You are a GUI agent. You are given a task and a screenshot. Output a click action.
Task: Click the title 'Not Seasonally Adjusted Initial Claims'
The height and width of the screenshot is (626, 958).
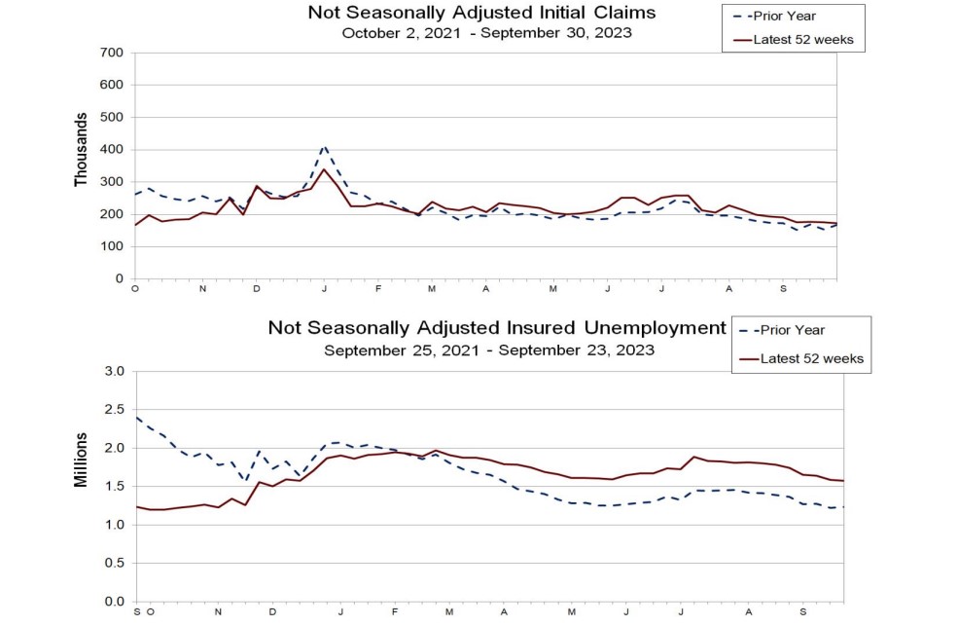pos(481,13)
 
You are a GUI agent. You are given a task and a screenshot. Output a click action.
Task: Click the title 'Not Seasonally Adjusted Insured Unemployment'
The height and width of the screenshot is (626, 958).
pos(497,328)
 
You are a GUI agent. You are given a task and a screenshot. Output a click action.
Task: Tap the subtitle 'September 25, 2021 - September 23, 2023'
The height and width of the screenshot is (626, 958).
pos(489,349)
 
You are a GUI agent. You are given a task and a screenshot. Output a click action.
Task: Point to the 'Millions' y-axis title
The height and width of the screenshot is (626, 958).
pos(82,461)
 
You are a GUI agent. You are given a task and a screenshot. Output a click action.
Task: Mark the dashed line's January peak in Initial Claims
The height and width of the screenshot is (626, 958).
pos(324,146)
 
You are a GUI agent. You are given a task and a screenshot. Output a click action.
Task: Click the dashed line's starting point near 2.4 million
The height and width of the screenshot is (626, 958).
pos(136,418)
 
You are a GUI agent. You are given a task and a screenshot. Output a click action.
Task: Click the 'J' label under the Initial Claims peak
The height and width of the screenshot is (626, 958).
pos(323,289)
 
